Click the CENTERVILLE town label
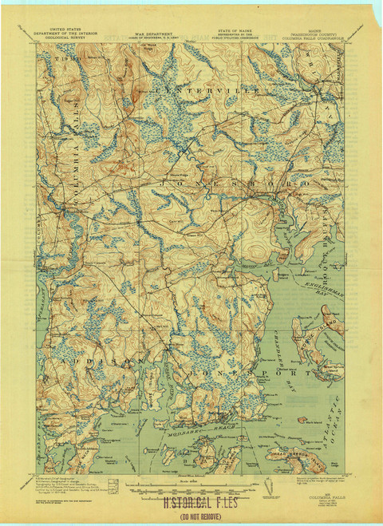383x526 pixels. pos(208,93)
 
